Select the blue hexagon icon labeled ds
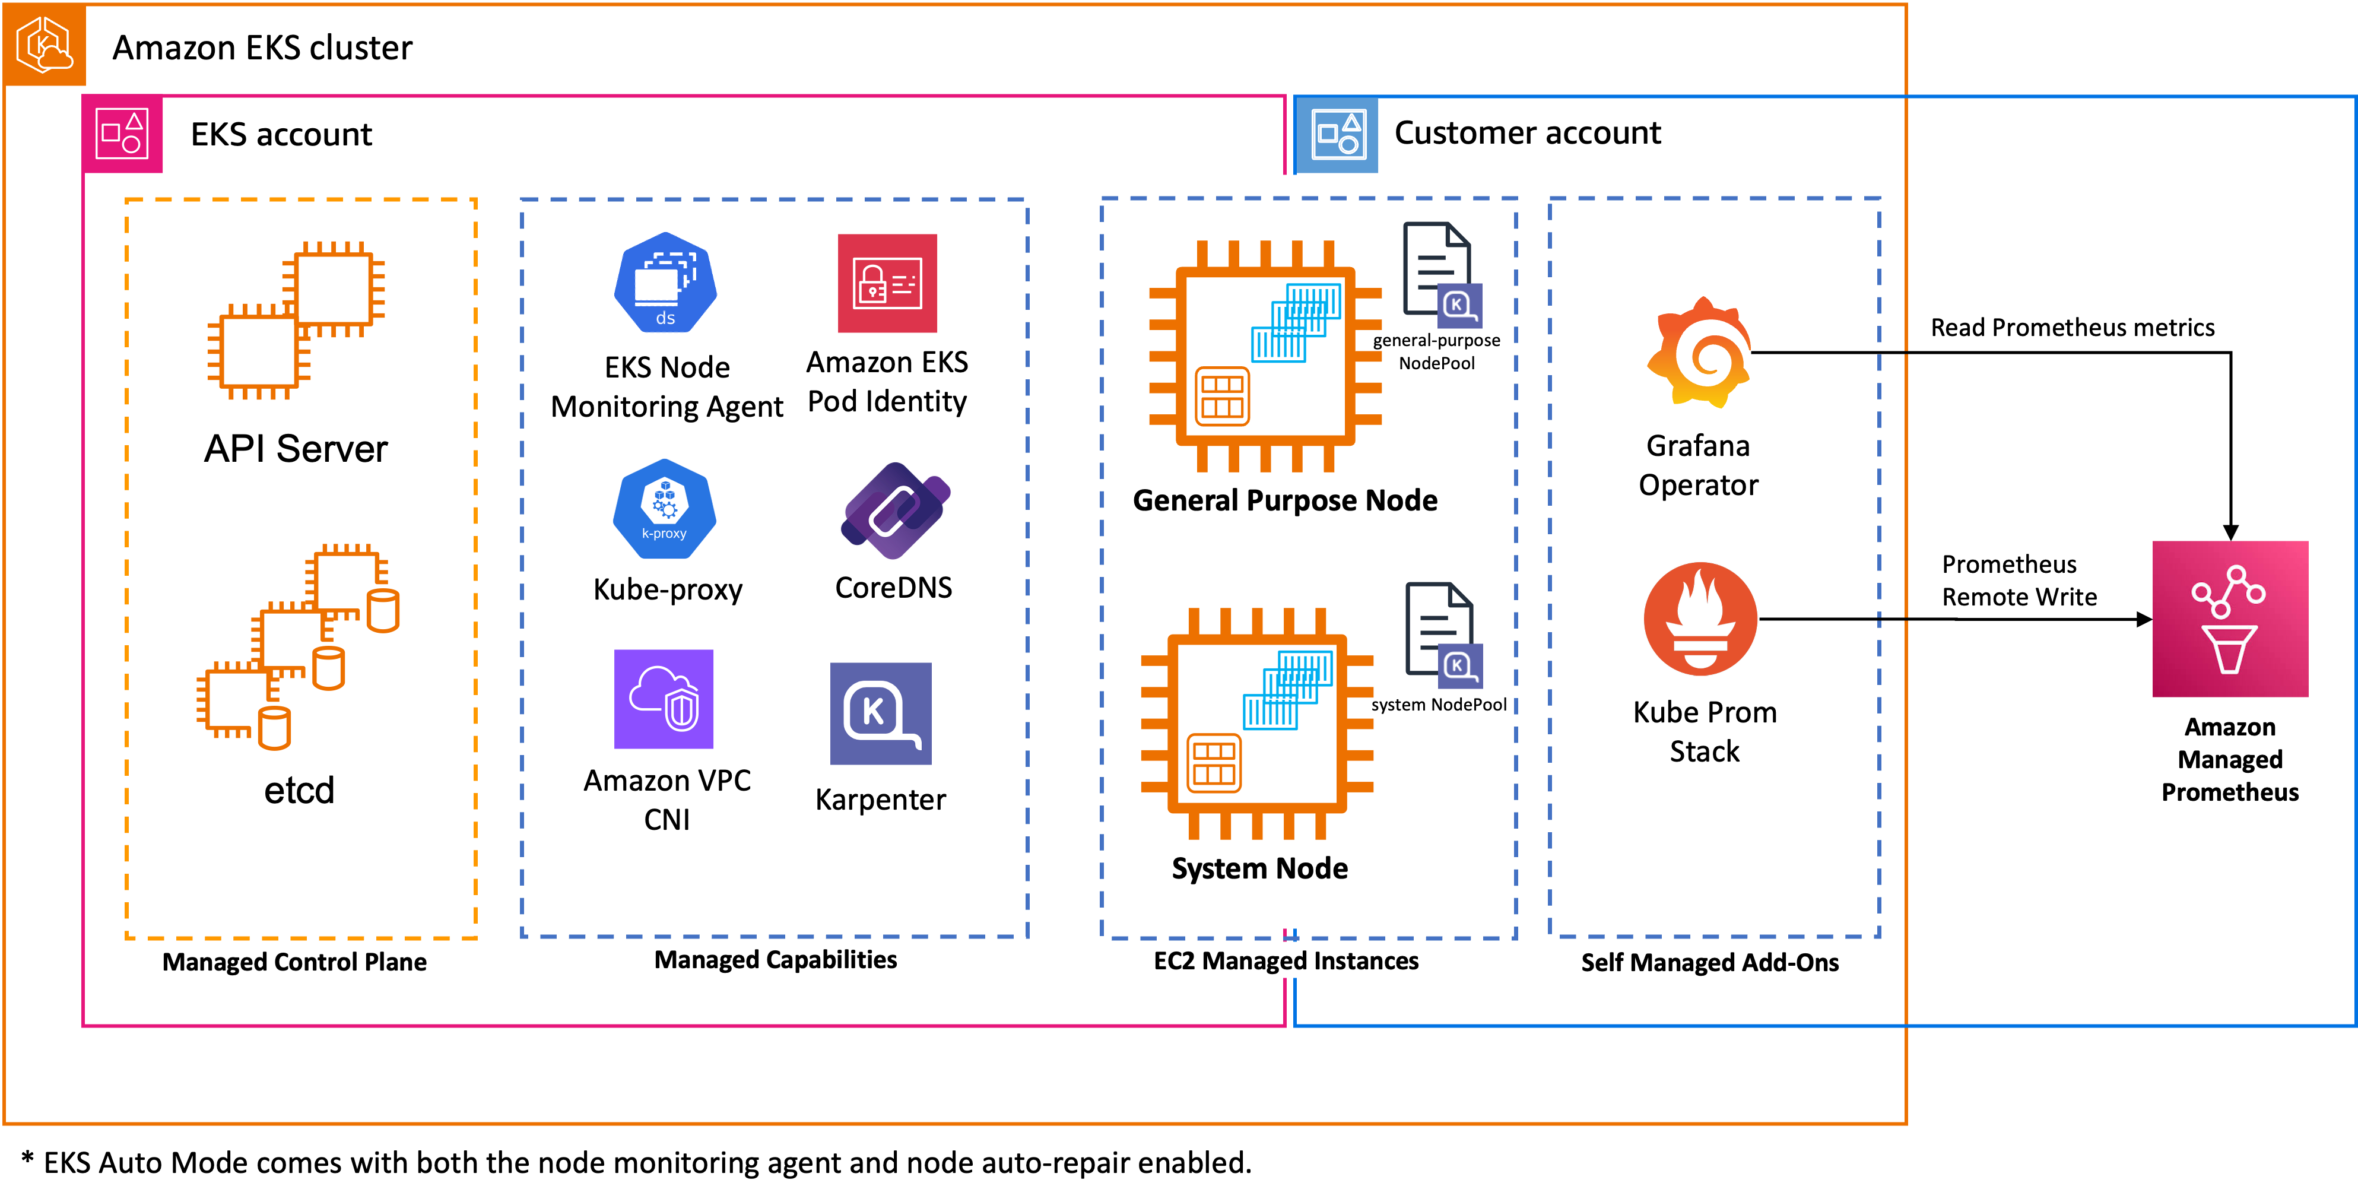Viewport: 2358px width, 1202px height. point(665,283)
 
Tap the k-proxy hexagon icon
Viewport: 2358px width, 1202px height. point(665,509)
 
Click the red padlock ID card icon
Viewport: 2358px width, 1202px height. point(887,283)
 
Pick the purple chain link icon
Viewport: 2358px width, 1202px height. point(895,510)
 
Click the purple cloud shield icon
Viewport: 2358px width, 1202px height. point(664,699)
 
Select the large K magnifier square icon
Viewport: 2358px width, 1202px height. point(881,713)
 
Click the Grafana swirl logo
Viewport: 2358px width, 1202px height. point(1700,353)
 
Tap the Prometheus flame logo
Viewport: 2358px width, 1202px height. point(1700,619)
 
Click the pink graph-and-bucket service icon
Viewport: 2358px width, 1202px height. point(2230,619)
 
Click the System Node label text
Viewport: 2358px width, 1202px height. point(1259,868)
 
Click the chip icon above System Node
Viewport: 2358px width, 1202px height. point(1257,723)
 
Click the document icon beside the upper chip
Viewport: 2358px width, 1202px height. point(1442,275)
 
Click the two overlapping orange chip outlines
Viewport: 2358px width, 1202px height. point(296,321)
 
